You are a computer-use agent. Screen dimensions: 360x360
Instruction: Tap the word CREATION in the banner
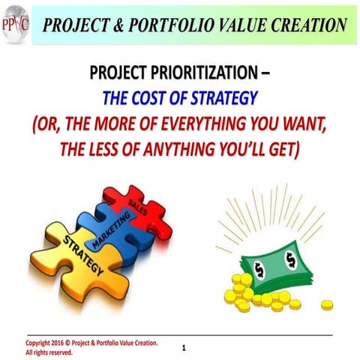[x=302, y=25]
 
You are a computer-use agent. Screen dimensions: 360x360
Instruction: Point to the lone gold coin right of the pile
[x=327, y=305]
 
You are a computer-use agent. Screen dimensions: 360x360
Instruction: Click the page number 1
[x=184, y=348]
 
